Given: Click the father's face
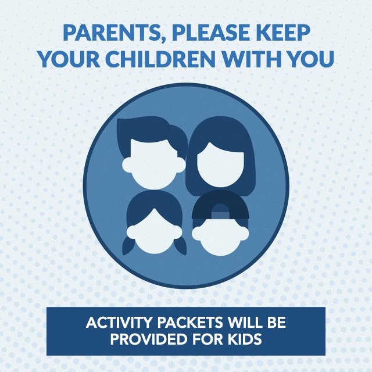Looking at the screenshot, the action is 154,164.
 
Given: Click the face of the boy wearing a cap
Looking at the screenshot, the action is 220,237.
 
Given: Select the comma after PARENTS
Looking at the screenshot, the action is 163,41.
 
